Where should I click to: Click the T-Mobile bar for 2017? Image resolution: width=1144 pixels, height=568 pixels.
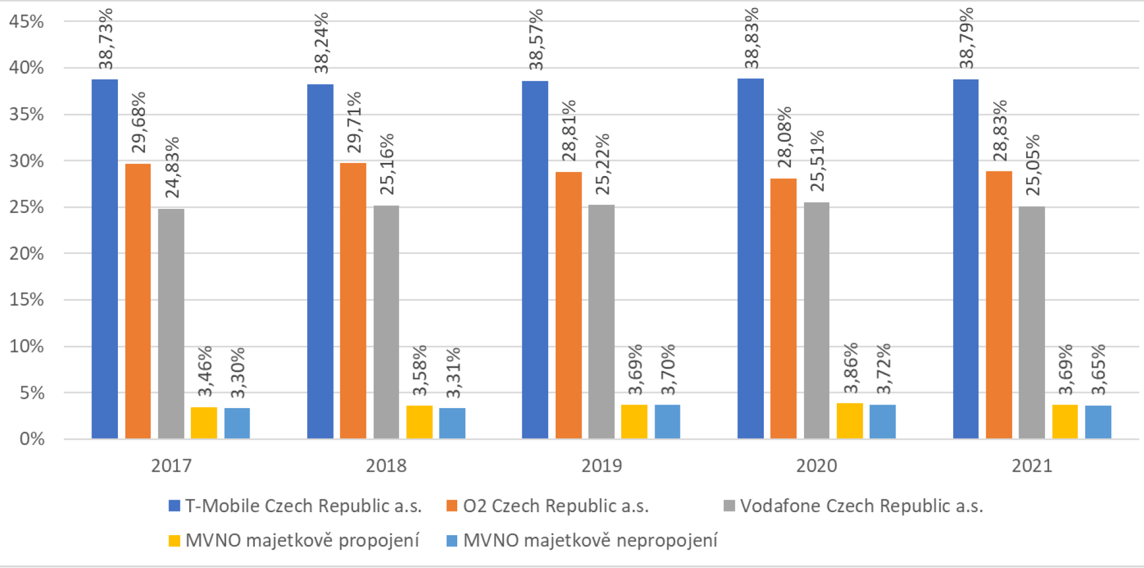(x=105, y=259)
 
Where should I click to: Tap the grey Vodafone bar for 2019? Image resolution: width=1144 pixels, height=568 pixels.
(x=601, y=322)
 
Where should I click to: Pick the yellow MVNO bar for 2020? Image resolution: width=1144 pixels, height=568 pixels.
(x=850, y=421)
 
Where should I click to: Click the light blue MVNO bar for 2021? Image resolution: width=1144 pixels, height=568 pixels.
(x=1098, y=422)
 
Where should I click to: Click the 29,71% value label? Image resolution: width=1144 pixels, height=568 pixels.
(x=354, y=122)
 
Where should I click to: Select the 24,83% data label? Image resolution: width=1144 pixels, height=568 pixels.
(x=171, y=167)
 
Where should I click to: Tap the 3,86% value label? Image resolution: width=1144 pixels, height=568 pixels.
(x=850, y=368)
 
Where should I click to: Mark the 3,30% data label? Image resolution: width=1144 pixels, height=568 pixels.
(x=238, y=373)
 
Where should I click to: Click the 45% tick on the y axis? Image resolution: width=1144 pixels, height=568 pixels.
(x=26, y=22)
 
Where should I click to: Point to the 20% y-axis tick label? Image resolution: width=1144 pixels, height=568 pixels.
(x=26, y=254)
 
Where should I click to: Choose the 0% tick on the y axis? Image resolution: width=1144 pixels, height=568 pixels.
(x=32, y=439)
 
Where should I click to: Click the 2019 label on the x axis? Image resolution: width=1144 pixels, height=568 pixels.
(x=601, y=466)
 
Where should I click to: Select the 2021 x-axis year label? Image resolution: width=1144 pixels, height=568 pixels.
(x=1032, y=466)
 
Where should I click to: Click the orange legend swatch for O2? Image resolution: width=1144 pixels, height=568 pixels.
(x=452, y=506)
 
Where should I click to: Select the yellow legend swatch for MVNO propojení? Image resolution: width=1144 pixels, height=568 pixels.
(x=174, y=540)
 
